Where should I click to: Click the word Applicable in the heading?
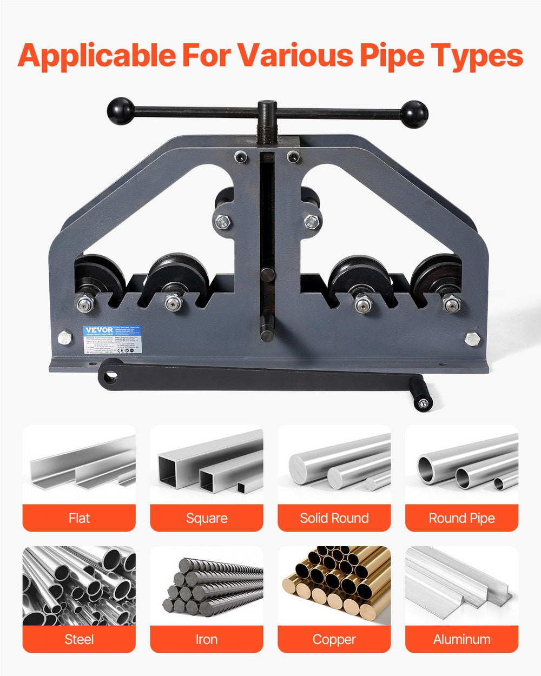coord(96,56)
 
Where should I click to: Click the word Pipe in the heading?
coord(379,56)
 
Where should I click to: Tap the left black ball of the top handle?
coord(121,111)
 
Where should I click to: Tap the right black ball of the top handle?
coord(414,114)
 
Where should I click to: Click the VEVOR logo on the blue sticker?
coord(98,330)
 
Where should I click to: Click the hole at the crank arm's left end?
coord(111,375)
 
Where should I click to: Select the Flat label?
coord(79,518)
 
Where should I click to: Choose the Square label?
coord(207,518)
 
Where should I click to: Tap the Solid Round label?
coord(334,518)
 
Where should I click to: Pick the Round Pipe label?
coord(462,518)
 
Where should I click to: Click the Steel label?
coord(79,639)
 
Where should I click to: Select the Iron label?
coord(207,639)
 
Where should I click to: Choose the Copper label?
coord(334,639)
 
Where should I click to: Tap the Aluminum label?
coord(462,639)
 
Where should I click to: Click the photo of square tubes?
coord(207,465)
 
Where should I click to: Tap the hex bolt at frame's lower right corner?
coord(472,339)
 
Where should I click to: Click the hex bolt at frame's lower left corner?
coord(64,339)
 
